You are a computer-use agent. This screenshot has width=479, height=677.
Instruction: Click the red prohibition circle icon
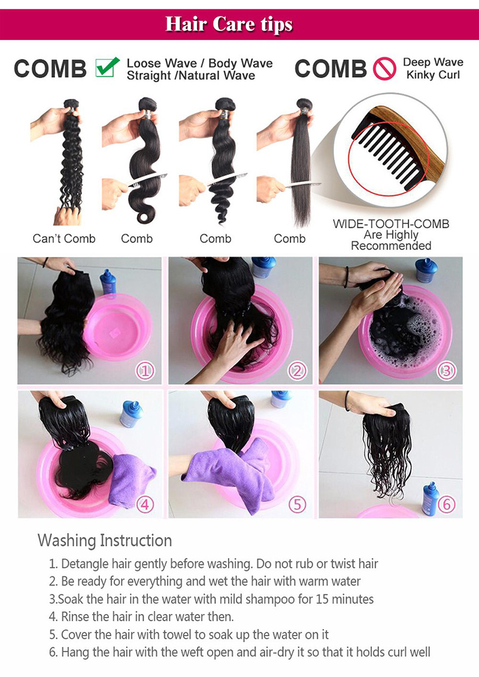[384, 69]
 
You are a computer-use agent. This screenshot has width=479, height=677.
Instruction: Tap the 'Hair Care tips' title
[229, 24]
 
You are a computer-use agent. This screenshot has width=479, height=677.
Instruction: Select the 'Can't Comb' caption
[64, 238]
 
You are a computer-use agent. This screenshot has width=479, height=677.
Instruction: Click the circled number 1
[145, 371]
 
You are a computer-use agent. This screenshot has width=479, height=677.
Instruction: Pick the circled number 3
[445, 371]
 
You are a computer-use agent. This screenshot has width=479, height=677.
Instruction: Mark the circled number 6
[447, 504]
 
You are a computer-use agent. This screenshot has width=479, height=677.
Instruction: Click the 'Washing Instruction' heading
[105, 540]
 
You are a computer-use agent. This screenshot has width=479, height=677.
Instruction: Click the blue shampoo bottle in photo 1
[108, 282]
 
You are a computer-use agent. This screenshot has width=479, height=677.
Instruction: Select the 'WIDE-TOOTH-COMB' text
[391, 225]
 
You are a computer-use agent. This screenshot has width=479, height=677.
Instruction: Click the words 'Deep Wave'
[433, 62]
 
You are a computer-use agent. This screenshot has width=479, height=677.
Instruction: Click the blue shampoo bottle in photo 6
[429, 498]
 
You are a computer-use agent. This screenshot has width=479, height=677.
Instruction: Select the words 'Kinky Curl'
[433, 75]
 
